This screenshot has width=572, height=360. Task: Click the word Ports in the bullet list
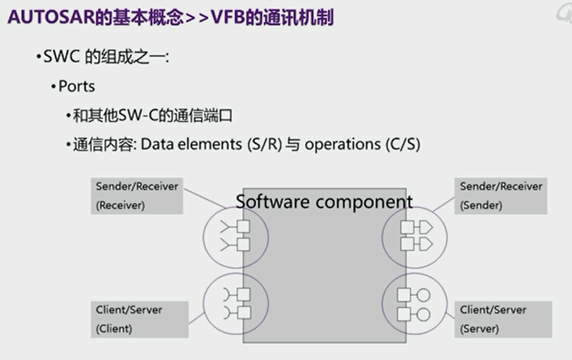click(77, 87)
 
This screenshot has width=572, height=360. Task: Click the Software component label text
click(324, 202)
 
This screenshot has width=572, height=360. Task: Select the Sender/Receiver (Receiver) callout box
click(137, 195)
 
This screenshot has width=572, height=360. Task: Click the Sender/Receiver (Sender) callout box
click(501, 195)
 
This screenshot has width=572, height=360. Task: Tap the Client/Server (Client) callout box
click(137, 320)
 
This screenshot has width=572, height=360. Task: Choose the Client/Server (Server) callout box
click(501, 320)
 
